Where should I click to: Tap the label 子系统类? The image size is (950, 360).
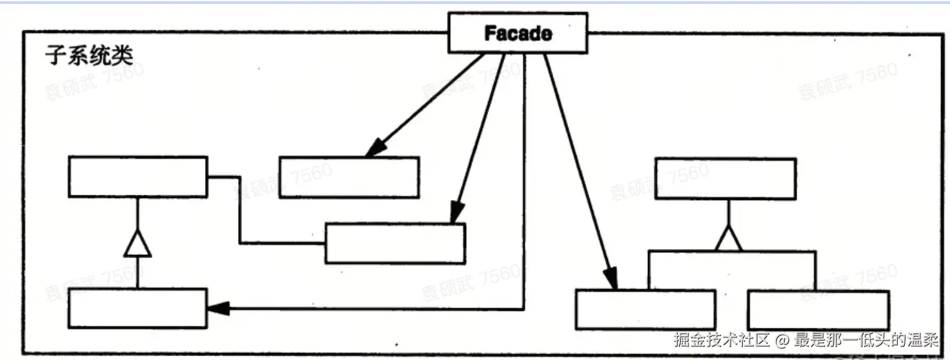(89, 55)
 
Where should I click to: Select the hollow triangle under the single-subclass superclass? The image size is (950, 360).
(137, 245)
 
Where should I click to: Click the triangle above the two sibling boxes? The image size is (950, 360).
(729, 238)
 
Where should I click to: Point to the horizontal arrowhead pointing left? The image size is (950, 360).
(218, 309)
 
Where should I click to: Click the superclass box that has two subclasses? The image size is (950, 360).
(725, 179)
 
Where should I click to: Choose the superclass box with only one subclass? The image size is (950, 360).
(137, 177)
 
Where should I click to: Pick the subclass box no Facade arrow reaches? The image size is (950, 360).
(818, 310)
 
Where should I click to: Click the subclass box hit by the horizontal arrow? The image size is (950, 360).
(137, 308)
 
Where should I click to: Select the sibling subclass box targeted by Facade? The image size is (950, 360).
(645, 310)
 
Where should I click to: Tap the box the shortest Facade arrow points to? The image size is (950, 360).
(349, 177)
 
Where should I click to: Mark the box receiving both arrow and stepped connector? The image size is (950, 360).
(395, 243)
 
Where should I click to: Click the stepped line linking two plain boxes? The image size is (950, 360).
(240, 213)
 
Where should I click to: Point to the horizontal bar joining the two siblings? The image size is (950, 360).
(732, 252)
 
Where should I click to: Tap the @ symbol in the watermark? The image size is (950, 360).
(783, 340)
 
